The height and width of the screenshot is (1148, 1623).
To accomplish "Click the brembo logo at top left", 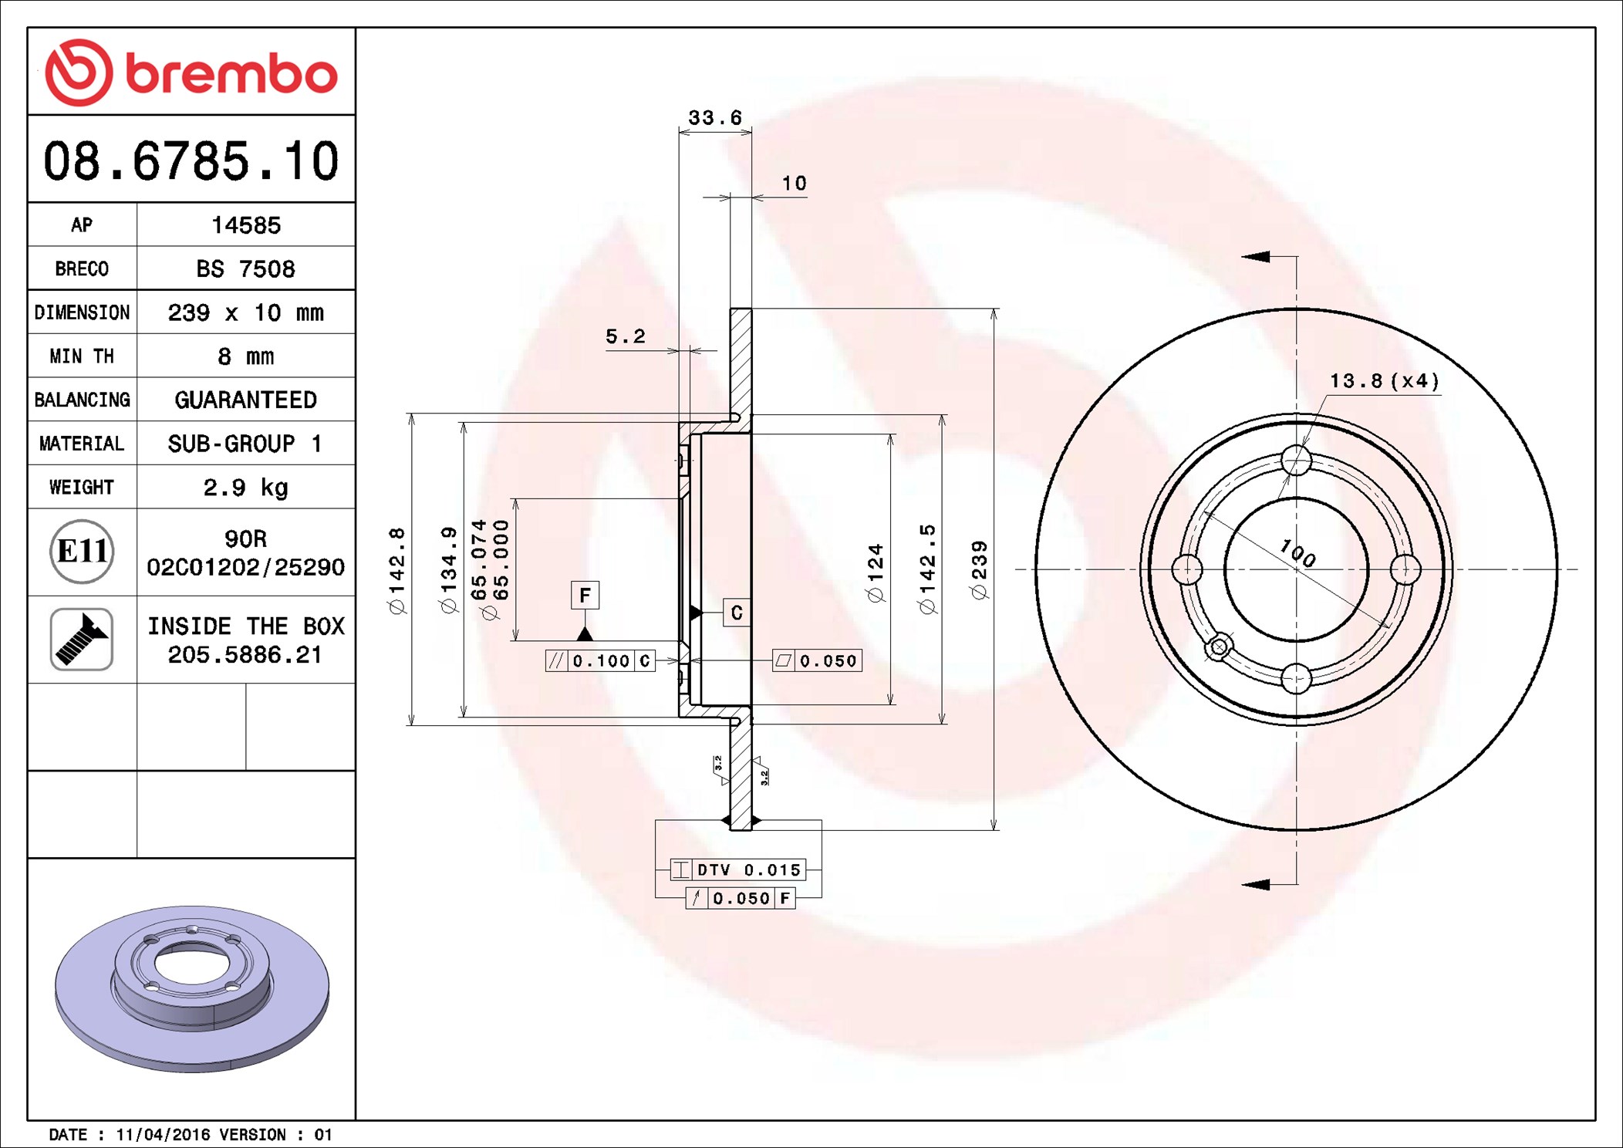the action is pos(191,72).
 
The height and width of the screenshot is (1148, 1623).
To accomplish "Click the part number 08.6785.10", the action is pos(191,161).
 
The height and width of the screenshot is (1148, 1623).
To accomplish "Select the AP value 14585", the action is pos(246,225).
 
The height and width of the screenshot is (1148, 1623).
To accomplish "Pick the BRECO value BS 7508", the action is pos(245,268).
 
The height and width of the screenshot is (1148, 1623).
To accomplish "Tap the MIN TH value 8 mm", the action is pos(245,356).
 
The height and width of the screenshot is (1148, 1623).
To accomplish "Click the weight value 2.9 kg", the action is pos(245,488).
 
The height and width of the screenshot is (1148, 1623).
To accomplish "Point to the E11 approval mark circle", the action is pos(82,551).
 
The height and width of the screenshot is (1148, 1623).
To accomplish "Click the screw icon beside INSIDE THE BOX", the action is pos(82,639).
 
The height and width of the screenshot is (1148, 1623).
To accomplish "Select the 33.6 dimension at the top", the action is pos(714,118).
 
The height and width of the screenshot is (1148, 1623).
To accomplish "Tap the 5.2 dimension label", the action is pos(625,336).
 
